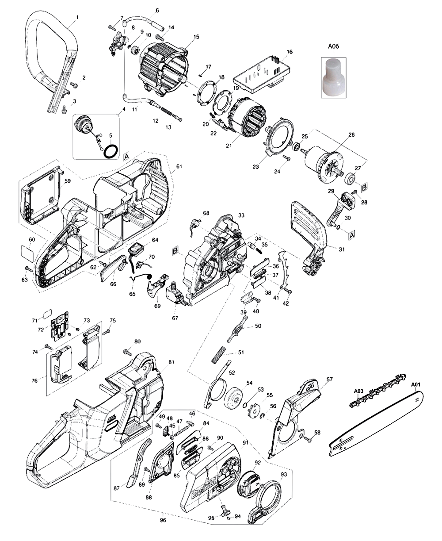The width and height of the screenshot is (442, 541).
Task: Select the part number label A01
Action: [416, 385]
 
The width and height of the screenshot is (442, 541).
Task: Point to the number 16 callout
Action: [290, 52]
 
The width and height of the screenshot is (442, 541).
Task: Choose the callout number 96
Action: [163, 520]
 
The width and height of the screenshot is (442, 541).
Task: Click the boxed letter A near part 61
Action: [126, 157]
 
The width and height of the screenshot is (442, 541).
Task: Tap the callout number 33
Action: [241, 215]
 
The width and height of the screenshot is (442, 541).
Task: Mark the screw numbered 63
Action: [28, 269]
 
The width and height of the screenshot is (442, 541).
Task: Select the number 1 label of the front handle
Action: [77, 17]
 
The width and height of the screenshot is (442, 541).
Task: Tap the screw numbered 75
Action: [106, 331]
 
